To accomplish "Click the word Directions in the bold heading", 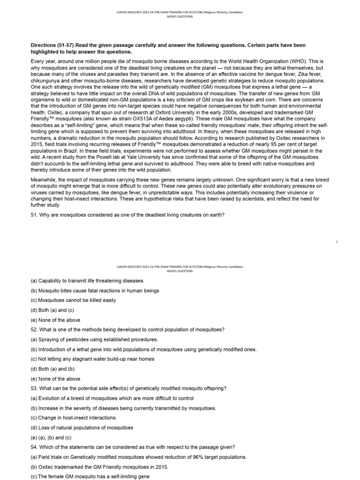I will pos(44,45).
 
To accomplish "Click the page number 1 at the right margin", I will pos(337,241).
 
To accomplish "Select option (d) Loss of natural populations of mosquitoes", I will pos(82,427).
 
